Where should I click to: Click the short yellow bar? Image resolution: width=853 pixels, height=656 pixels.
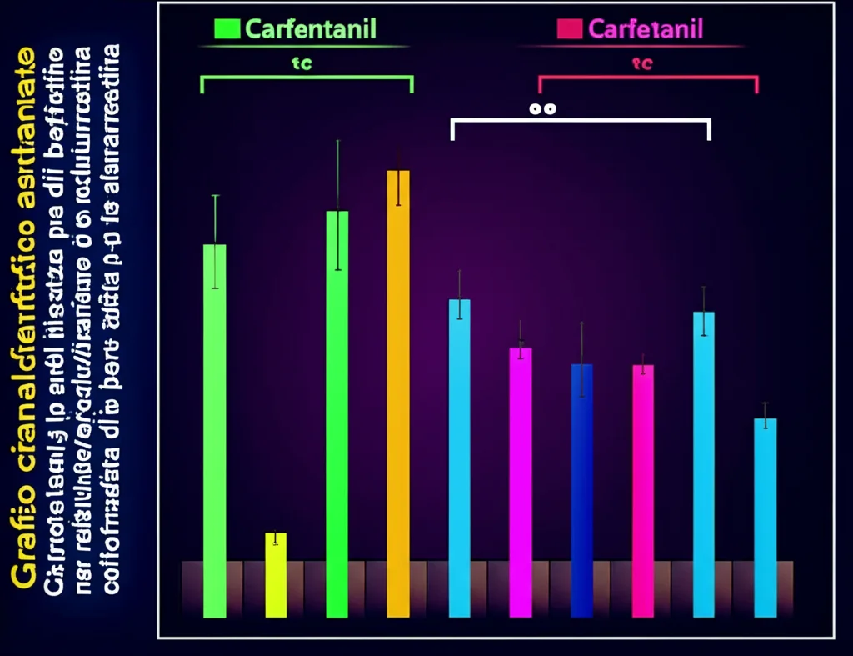pyautogui.click(x=276, y=574)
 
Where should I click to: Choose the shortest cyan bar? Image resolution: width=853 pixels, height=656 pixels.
pyautogui.click(x=765, y=517)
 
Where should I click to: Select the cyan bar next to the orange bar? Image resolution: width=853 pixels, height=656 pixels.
pyautogui.click(x=459, y=458)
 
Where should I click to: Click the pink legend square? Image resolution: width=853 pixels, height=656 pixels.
pyautogui.click(x=569, y=29)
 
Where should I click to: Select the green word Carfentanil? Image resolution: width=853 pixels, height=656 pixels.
pyautogui.click(x=311, y=29)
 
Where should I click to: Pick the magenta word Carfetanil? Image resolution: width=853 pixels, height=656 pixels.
pyautogui.click(x=646, y=30)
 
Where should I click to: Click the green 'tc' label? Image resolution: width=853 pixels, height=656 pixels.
pyautogui.click(x=302, y=63)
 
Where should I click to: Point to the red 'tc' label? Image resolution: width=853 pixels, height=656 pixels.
pyautogui.click(x=642, y=63)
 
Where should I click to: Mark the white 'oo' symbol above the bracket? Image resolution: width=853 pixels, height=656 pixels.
pyautogui.click(x=543, y=108)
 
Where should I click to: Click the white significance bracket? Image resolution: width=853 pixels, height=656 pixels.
pyautogui.click(x=580, y=121)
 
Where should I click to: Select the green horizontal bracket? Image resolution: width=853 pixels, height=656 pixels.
pyautogui.click(x=307, y=78)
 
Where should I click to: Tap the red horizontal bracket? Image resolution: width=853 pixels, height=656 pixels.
pyautogui.click(x=648, y=78)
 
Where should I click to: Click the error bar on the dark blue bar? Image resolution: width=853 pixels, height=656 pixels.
pyautogui.click(x=581, y=358)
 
